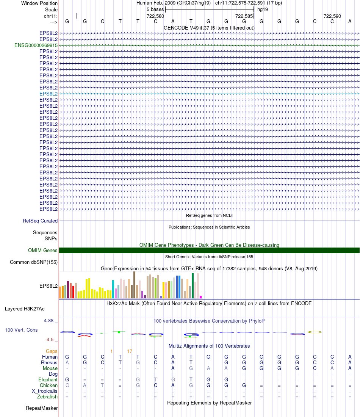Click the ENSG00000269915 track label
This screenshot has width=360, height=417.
pos(36,45)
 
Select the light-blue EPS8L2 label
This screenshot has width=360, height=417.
pos(49,94)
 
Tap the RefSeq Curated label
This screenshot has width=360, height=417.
pos(40,221)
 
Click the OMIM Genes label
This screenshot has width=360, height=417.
pos(43,250)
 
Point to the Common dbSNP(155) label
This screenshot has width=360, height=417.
pos(34,262)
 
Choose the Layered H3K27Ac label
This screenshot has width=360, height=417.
pos(25,309)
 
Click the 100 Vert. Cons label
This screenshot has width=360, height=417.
pos(21,330)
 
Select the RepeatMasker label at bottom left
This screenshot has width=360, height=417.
pos(42,408)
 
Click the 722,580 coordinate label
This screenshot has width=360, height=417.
pos(155,16)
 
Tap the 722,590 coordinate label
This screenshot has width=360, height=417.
pos(332,16)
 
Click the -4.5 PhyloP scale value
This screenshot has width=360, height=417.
pos(50,340)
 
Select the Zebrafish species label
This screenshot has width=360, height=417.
pos(47,397)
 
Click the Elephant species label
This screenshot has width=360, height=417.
pos(48,379)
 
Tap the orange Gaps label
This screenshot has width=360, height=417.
pos(52,351)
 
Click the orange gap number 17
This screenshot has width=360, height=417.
pos(130,351)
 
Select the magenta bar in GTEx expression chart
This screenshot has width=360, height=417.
pos(200,297)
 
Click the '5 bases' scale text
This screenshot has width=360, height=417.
pos(155,9)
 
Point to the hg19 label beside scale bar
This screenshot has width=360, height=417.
pos(263,9)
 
